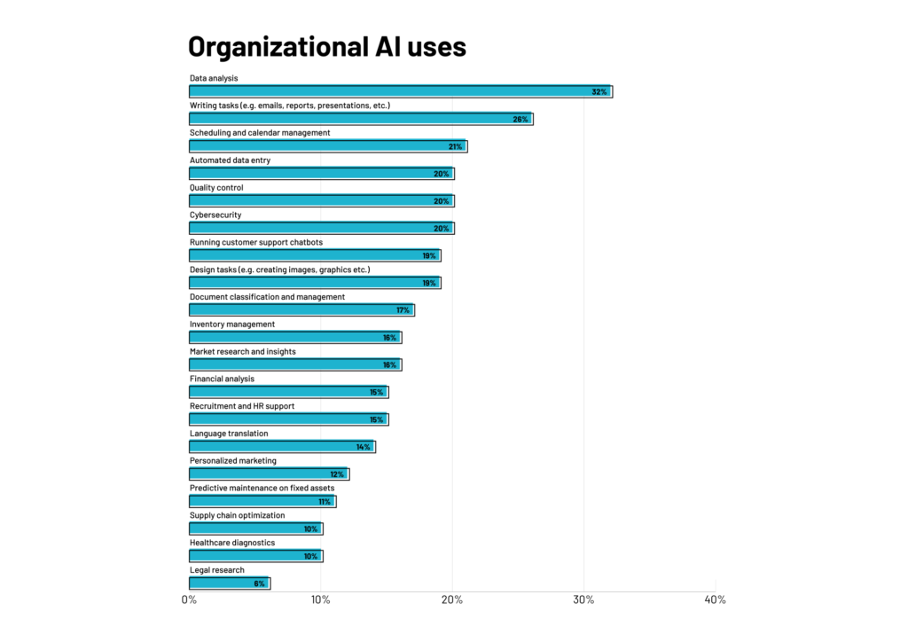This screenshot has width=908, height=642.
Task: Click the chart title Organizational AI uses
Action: tap(327, 46)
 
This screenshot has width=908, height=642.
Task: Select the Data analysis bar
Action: tap(399, 91)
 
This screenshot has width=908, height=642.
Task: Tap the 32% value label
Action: tap(599, 92)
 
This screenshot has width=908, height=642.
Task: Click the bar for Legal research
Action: tap(229, 583)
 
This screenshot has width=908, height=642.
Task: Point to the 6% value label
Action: tap(259, 583)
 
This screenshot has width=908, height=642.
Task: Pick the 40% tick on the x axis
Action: tap(715, 600)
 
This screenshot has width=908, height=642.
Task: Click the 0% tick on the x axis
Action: tap(189, 600)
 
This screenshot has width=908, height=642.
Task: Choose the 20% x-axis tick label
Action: tap(452, 600)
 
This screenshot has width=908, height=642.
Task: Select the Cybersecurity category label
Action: tap(215, 215)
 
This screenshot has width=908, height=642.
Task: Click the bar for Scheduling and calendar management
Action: tap(327, 146)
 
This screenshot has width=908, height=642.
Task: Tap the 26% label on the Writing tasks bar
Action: tap(521, 119)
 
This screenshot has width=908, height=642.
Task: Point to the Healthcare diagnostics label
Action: tap(232, 543)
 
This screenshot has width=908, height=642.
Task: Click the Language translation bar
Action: tap(282, 447)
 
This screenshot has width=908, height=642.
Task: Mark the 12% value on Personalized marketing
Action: tap(337, 474)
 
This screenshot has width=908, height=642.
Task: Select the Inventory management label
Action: tap(232, 325)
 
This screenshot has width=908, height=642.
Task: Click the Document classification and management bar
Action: tap(301, 310)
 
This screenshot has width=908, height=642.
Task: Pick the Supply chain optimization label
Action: tap(238, 515)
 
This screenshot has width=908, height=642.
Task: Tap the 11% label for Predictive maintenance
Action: tap(325, 502)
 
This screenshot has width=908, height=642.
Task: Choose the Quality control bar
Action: tap(321, 201)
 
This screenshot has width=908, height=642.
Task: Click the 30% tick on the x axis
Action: tap(583, 600)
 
